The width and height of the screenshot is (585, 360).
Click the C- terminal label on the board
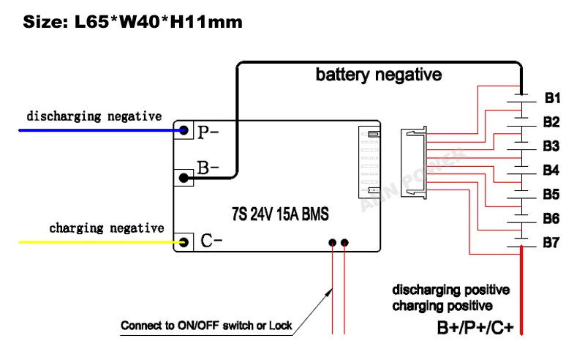pyautogui.click(x=211, y=241)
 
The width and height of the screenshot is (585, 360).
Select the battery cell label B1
pyautogui.click(x=552, y=98)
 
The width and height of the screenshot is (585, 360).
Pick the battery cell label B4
pyautogui.click(x=552, y=170)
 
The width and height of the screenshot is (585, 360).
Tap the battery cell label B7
pyautogui.click(x=552, y=243)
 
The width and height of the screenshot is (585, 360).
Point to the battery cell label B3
pyautogui.click(x=552, y=146)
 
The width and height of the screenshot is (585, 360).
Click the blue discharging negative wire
pyautogui.click(x=95, y=130)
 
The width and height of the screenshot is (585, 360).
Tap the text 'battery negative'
pyautogui.click(x=378, y=75)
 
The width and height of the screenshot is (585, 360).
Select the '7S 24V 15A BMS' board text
pyautogui.click(x=279, y=215)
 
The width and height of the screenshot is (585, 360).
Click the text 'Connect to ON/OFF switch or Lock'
pyautogui.click(x=207, y=325)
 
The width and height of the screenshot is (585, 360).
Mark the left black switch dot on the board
pyautogui.click(x=333, y=242)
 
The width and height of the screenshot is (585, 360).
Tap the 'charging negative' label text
pyautogui.click(x=107, y=228)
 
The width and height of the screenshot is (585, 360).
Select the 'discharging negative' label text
pyautogui.click(x=94, y=116)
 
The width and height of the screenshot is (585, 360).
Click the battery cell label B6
pyautogui.click(x=552, y=219)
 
